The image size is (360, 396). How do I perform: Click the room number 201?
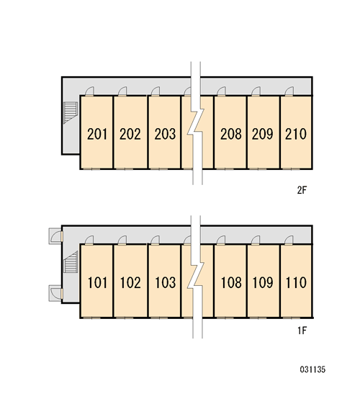tap(97, 134)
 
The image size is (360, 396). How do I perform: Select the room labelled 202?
tap(130, 134)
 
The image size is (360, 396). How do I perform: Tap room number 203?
tap(165, 134)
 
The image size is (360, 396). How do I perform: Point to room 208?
tap(231, 134)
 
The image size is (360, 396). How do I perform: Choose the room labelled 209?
tap(263, 134)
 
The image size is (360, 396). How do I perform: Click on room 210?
tap(296, 134)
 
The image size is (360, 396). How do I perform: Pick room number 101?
tap(97, 283)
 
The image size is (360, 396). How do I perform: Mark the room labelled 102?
tap(130, 283)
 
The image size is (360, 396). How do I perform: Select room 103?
tap(165, 283)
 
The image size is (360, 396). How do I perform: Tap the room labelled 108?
tap(231, 283)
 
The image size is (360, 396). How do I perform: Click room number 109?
tap(263, 283)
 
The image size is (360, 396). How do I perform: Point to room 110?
tap(296, 283)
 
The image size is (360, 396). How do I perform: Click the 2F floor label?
tap(302, 190)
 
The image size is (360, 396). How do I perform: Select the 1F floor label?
tap(302, 330)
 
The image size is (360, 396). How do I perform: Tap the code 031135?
tap(312, 369)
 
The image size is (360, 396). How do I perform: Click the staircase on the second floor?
tap(71, 112)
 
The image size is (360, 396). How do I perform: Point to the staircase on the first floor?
tap(71, 261)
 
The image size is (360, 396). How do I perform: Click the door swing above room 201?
tap(89, 91)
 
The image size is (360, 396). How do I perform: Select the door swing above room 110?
tap(289, 240)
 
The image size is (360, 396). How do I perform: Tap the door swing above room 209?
tap(256, 91)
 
